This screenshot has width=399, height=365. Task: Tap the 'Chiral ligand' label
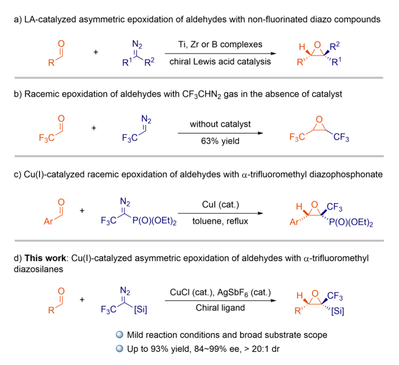(x=220, y=308)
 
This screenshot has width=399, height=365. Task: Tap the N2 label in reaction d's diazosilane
(x=125, y=290)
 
